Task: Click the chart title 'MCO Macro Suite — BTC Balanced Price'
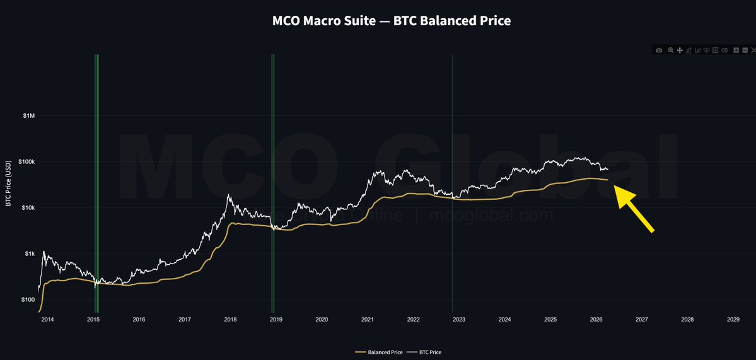pyautogui.click(x=391, y=21)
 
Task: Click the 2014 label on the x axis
pyautogui.click(x=47, y=320)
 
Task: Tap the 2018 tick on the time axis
pyautogui.click(x=230, y=320)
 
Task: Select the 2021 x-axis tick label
pyautogui.click(x=368, y=320)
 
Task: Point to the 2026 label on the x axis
pyautogui.click(x=596, y=320)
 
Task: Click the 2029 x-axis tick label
pyautogui.click(x=733, y=320)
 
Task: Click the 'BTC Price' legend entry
pyautogui.click(x=426, y=352)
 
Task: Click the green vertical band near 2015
pyautogui.click(x=96, y=183)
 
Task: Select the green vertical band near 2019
pyautogui.click(x=272, y=183)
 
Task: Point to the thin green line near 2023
pyautogui.click(x=453, y=183)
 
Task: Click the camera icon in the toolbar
pyautogui.click(x=659, y=50)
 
